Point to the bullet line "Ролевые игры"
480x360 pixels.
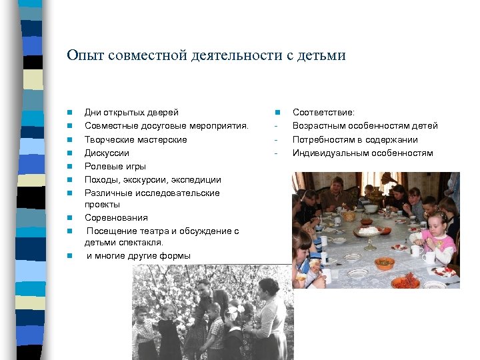[x=115, y=166]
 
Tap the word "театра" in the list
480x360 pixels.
[x=157, y=231]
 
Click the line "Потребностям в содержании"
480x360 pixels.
[x=355, y=139]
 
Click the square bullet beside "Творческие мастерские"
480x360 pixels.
[x=69, y=140]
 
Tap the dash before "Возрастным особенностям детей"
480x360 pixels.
[x=275, y=126]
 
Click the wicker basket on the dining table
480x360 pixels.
[x=348, y=215]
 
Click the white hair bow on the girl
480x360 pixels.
[x=234, y=310]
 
